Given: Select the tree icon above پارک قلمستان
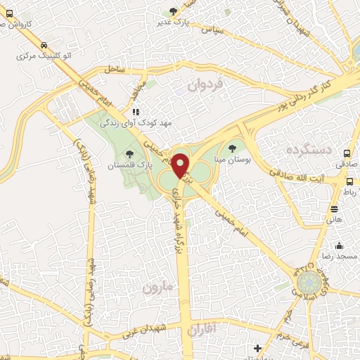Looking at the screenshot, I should [x=128, y=153].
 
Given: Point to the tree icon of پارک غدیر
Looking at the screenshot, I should [x=173, y=11].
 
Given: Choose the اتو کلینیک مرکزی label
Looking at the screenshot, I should [x=41, y=54].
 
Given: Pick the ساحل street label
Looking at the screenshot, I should [x=113, y=69].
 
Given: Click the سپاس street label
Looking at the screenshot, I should [x=212, y=31].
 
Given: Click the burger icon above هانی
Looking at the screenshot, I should [x=333, y=208].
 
